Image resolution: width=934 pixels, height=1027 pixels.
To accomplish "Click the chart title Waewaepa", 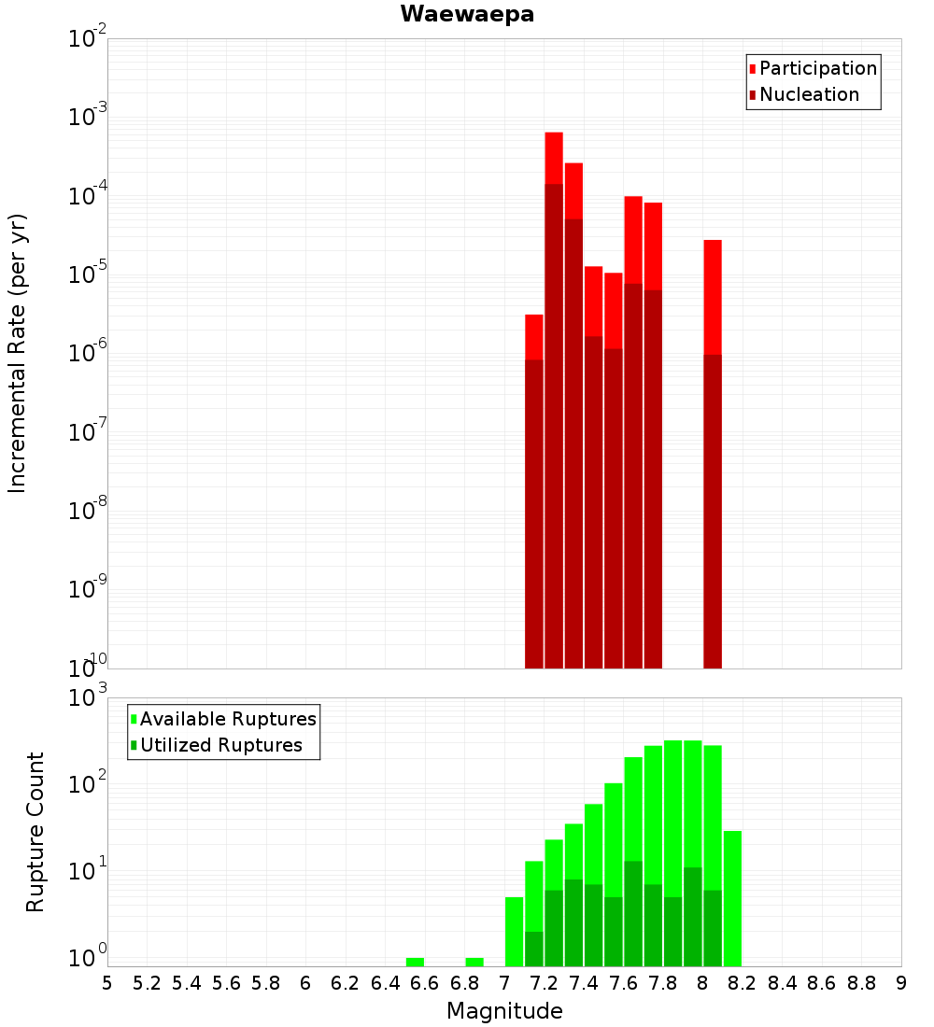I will click(x=467, y=14).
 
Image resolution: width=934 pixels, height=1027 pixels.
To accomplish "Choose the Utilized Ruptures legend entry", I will click(x=220, y=745).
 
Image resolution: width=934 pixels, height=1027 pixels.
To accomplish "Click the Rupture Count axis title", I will click(x=35, y=832).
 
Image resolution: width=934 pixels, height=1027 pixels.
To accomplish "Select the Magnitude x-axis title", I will click(x=504, y=1011).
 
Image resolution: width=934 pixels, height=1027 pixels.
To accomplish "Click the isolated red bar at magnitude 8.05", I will click(x=713, y=299).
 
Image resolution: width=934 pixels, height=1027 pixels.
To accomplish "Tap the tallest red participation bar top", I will click(x=554, y=135).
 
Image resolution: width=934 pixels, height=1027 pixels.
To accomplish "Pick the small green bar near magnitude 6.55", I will click(x=415, y=962).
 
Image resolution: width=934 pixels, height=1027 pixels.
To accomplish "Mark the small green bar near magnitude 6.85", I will click(x=474, y=962).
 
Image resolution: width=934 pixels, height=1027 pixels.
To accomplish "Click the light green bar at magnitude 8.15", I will click(x=732, y=896).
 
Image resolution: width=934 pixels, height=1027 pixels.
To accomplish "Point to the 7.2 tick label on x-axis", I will click(x=544, y=983).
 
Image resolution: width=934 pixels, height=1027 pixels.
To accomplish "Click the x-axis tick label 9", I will click(x=901, y=983).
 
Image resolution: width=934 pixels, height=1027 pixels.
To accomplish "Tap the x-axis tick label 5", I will click(x=107, y=983).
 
